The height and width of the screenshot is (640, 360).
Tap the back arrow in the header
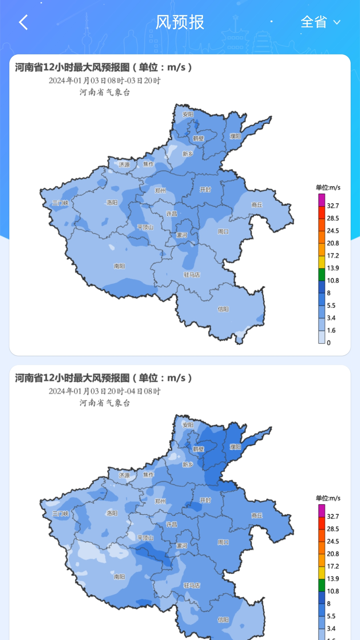click(x=23, y=22)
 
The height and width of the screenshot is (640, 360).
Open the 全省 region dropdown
click(x=320, y=22)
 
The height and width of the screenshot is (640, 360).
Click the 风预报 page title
click(x=180, y=22)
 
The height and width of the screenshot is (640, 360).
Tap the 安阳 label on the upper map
click(x=188, y=114)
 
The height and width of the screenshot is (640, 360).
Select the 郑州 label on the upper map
click(x=160, y=191)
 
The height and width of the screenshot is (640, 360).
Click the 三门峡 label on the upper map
click(x=60, y=203)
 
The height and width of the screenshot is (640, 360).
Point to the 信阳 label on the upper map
click(x=223, y=309)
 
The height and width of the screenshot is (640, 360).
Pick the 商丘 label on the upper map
click(x=257, y=205)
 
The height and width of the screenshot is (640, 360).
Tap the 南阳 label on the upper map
click(x=119, y=266)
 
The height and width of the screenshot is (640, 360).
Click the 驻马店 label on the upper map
click(x=192, y=275)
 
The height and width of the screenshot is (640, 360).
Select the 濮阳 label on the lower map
click(x=235, y=447)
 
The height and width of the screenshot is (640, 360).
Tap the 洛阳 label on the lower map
click(x=112, y=513)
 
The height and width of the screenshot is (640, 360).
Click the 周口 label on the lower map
click(x=223, y=542)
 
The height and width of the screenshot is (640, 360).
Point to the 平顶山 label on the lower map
click(x=145, y=538)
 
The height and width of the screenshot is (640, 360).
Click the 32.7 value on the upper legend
click(x=333, y=206)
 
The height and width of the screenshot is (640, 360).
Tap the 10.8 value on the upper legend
click(x=333, y=281)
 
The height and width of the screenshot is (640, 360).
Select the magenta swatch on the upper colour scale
click(x=321, y=200)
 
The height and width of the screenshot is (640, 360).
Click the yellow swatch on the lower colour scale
click(x=321, y=573)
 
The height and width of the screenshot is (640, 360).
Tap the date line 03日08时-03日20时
click(x=105, y=81)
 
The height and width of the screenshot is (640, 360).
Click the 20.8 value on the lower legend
click(x=333, y=554)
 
